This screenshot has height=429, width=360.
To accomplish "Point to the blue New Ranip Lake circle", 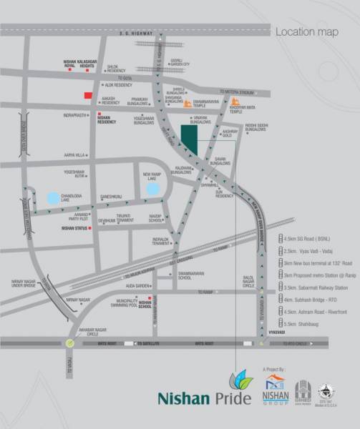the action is [x=151, y=189].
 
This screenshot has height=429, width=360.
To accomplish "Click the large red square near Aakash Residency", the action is [x=88, y=96].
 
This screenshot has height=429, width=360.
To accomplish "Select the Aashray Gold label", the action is [x=229, y=134].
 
